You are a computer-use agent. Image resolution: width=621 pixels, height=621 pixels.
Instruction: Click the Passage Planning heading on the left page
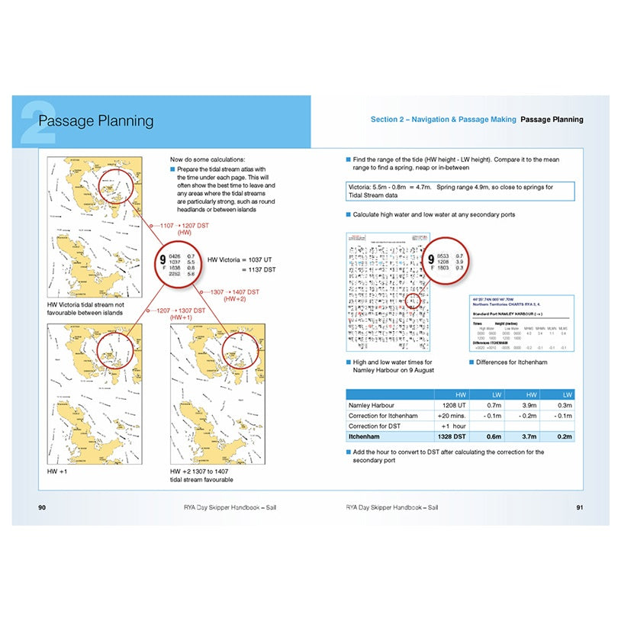click(x=95, y=121)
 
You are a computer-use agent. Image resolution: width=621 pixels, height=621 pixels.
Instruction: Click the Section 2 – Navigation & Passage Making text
click(x=443, y=120)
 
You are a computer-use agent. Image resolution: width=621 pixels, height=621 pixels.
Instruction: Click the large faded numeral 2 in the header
click(x=38, y=122)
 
